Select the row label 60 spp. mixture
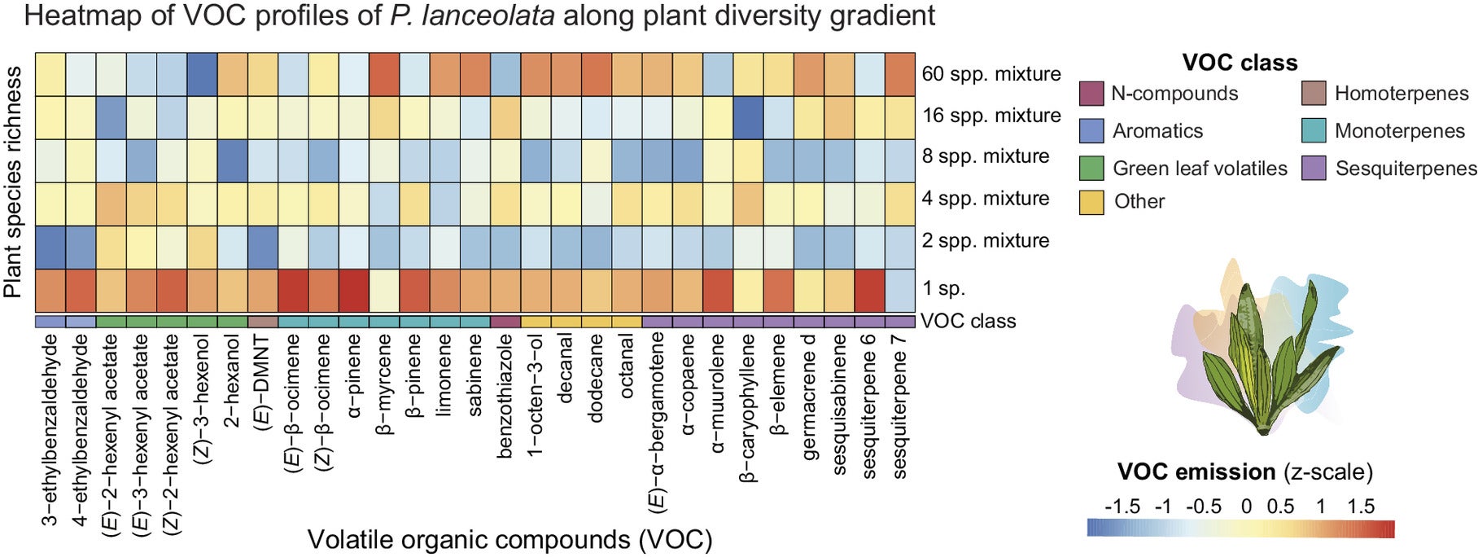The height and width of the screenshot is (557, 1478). [990, 74]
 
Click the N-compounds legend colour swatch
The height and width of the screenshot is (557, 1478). [1091, 94]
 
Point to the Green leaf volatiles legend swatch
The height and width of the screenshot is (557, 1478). [1091, 169]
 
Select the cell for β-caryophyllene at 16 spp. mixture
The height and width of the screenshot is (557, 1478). [749, 117]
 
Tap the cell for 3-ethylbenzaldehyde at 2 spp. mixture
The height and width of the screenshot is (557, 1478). [50, 247]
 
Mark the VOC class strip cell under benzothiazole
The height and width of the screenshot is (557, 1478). [505, 322]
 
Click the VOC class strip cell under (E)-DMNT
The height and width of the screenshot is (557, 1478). [263, 322]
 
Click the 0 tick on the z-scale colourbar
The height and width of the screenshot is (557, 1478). [1246, 507]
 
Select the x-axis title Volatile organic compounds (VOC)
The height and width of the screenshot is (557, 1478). [509, 539]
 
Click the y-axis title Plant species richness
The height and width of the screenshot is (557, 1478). [13, 183]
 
